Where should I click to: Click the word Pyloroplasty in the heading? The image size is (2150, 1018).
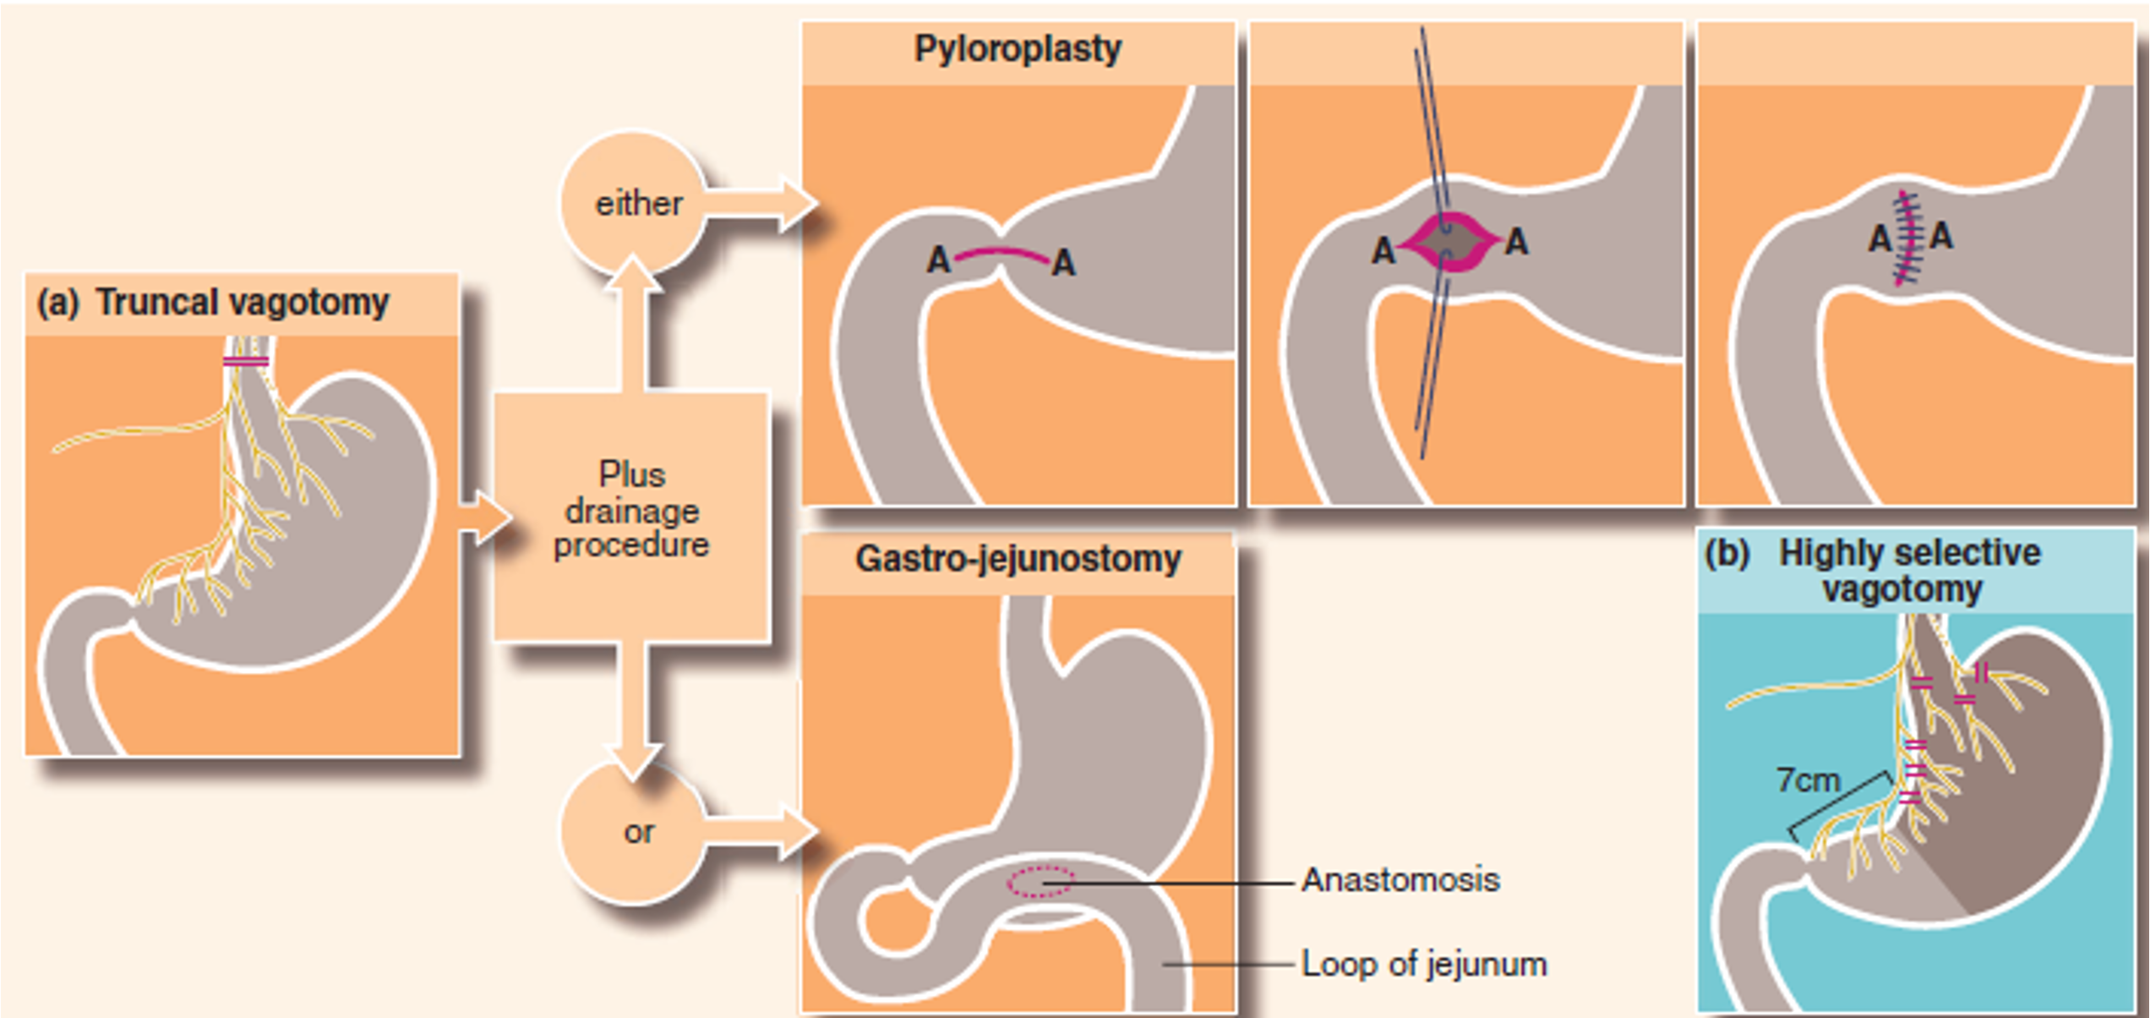(1018, 49)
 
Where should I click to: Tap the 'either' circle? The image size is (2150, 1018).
(638, 204)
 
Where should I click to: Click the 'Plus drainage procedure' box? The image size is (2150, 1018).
(631, 511)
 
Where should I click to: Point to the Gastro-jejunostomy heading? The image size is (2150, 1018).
(1018, 559)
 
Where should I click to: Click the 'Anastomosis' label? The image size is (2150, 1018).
(1400, 880)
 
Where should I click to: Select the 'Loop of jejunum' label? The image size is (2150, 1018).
(1424, 964)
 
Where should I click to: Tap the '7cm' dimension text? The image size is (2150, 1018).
(1808, 780)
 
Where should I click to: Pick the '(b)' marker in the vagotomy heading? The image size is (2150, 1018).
(1727, 553)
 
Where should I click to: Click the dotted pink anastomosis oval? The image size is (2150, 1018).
(1040, 882)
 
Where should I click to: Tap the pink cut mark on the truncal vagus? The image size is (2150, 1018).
(246, 362)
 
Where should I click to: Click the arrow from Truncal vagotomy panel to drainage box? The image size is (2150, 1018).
(484, 517)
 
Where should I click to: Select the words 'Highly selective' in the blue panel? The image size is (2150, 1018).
(1909, 553)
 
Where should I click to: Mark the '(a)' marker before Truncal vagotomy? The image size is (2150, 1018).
(57, 303)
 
